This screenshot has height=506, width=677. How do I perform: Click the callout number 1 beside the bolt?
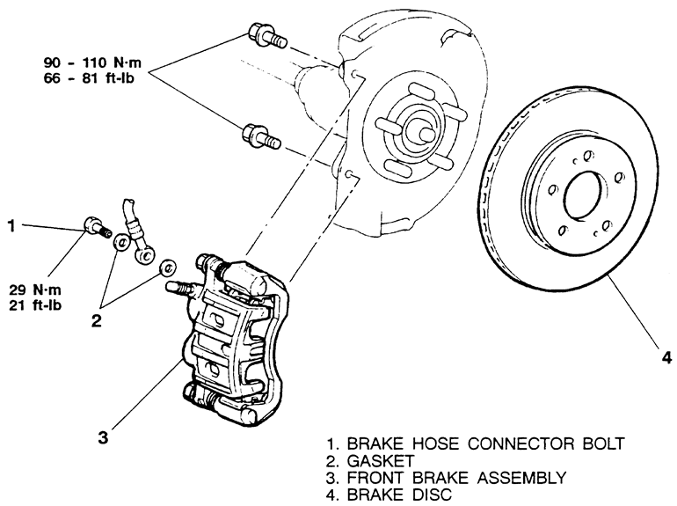coord(11,225)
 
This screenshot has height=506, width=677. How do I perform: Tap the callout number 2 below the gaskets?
coord(96,320)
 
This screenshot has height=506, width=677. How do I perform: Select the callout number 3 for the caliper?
coord(103,437)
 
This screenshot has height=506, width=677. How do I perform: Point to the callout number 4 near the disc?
coord(666,358)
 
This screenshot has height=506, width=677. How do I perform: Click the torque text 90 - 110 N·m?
coord(92,62)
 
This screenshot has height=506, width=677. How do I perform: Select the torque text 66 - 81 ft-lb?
coord(89,78)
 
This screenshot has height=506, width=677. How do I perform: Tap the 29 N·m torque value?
coord(35,290)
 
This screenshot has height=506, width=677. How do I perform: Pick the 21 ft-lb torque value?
coord(35,305)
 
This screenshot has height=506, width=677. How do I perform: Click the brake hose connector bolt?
coord(97,227)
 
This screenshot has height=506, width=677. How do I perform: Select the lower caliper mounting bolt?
coord(262,136)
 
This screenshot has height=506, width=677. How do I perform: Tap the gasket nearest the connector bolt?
coord(121,242)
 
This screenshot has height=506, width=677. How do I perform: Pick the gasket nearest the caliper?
coord(168,268)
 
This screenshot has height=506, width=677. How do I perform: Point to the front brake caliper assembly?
coord(233,341)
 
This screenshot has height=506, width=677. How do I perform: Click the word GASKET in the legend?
coord(381,461)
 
